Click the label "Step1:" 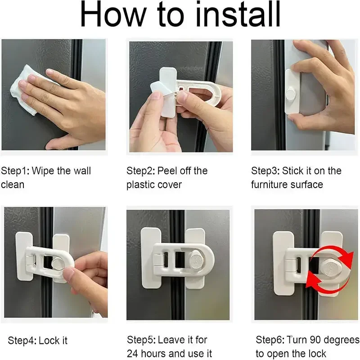[x=15, y=171]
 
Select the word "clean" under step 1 [x=13, y=185]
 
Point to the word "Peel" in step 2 [x=167, y=171]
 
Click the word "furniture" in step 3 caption [x=269, y=185]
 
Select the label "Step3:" [x=265, y=171]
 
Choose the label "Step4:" [x=22, y=341]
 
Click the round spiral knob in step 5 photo [x=198, y=260]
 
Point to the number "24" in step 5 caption [x=132, y=353]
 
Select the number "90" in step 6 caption [x=315, y=340]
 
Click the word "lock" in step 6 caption [x=317, y=354]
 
